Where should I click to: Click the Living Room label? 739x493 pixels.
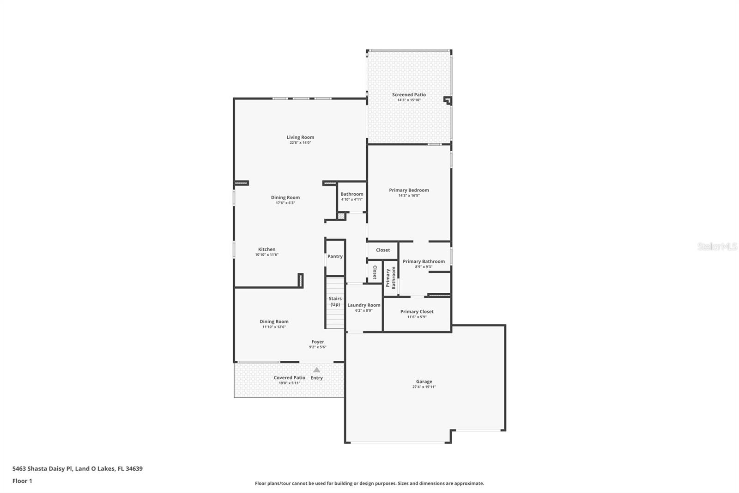(x=300, y=137)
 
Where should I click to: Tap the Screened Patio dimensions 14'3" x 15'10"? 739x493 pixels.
(x=409, y=100)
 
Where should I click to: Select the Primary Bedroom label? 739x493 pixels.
(x=409, y=190)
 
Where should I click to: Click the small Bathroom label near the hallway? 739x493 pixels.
(x=351, y=194)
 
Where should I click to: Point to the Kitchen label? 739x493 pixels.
(x=267, y=249)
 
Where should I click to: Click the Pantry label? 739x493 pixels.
(x=335, y=256)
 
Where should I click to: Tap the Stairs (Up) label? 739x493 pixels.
(x=335, y=302)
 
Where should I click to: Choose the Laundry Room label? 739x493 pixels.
(x=363, y=305)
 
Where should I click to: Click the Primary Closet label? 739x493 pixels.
(x=417, y=311)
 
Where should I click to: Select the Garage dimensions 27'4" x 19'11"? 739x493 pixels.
(x=424, y=387)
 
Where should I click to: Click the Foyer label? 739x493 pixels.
(x=318, y=342)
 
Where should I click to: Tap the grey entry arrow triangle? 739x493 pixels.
(x=317, y=370)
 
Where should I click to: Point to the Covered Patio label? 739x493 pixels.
(x=289, y=377)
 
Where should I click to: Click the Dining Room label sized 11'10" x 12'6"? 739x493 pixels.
(x=274, y=321)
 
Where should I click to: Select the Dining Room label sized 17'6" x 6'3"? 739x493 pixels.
(x=285, y=197)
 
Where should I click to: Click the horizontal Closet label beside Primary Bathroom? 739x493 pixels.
(x=383, y=250)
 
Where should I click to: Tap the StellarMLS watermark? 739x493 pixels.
(x=717, y=246)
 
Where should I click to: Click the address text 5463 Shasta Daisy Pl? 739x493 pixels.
(x=42, y=468)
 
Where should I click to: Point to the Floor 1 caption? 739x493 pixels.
(x=22, y=481)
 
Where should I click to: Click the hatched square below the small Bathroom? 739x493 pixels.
(x=341, y=216)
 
